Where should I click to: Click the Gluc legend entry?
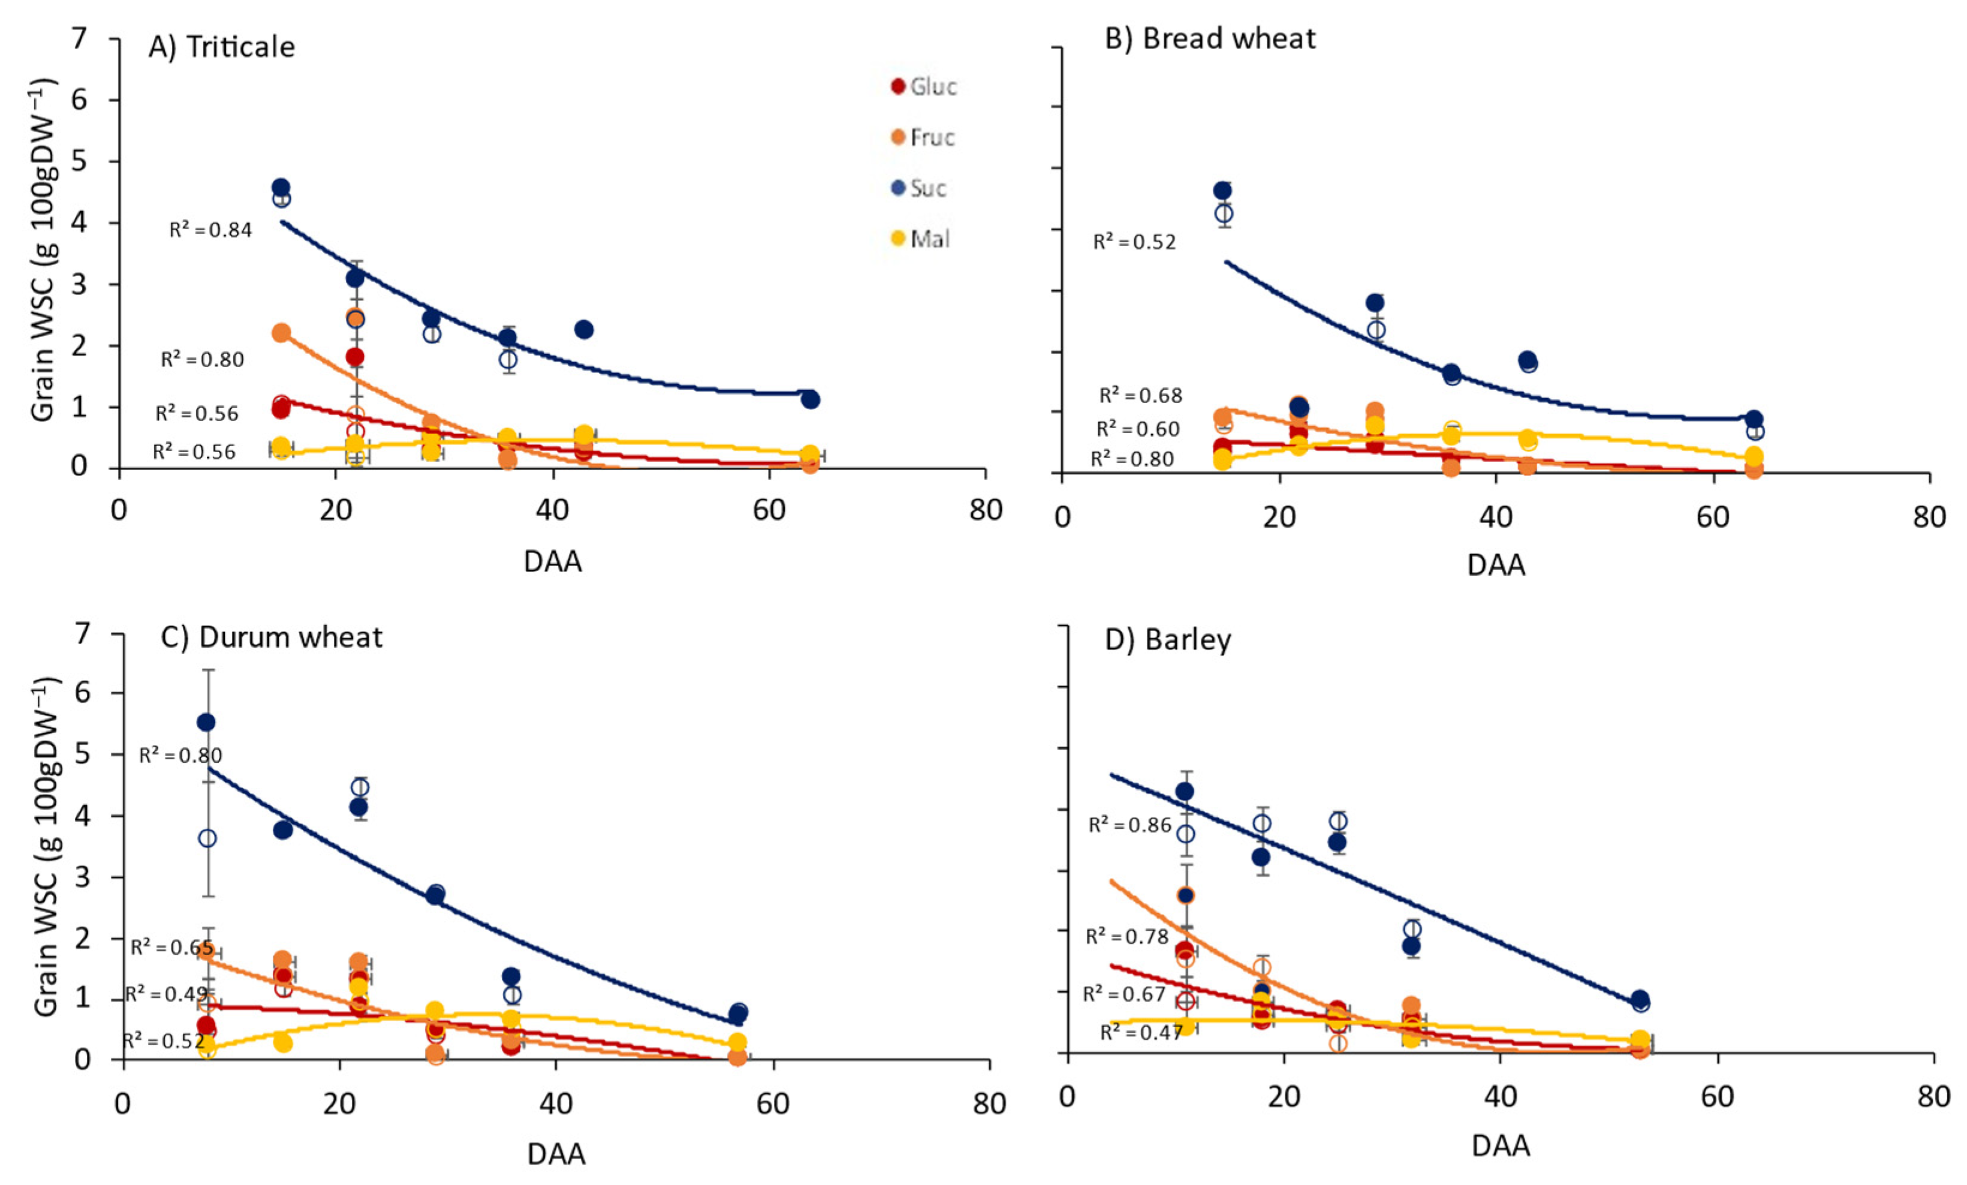924,86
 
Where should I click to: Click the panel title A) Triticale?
221,47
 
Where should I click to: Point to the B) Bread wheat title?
1209,38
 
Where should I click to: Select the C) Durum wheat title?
272,637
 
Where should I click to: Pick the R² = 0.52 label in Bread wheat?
1134,242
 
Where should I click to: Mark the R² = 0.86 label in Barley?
1129,825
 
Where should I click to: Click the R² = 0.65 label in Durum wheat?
171,948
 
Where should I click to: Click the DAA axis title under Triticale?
552,562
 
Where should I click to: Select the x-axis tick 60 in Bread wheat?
1712,518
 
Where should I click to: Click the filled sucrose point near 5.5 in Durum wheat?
206,723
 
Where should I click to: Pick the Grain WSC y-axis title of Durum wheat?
46,846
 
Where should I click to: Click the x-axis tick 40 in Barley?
1501,1096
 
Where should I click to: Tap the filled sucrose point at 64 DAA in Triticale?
811,399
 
